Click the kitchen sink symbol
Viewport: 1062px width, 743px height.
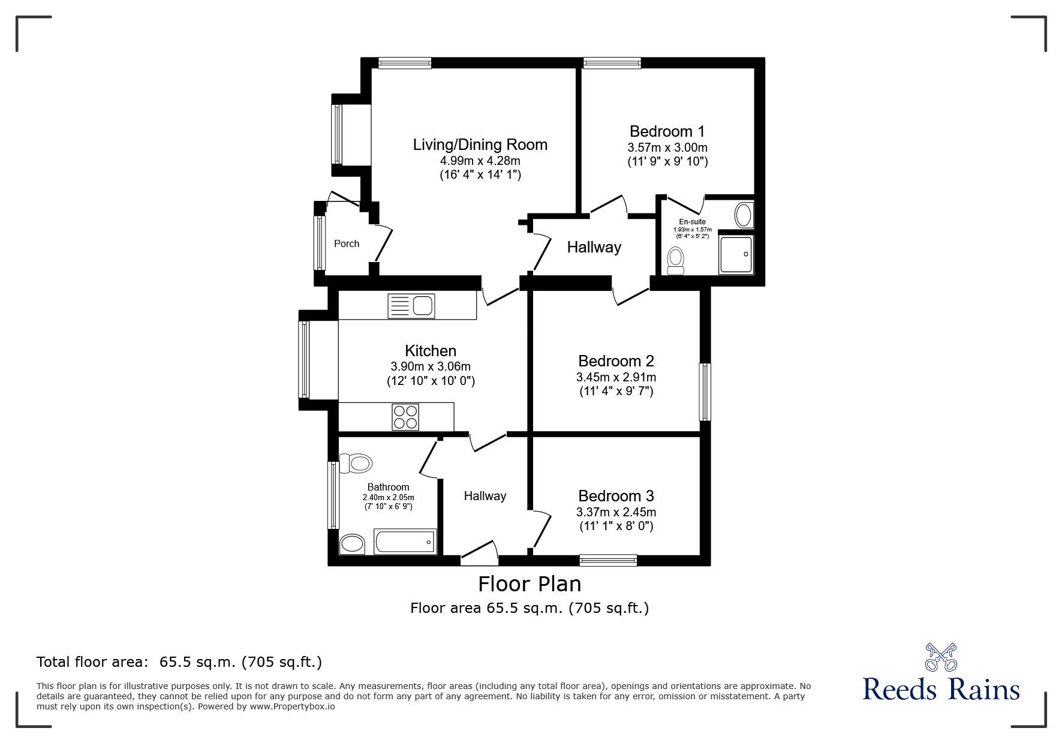[x=411, y=306]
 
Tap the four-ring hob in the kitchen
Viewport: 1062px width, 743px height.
[x=405, y=417]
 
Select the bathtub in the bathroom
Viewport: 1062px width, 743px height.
[x=405, y=542]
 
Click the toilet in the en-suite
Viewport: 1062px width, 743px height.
[x=676, y=262]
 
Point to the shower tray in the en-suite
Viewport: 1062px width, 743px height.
[x=736, y=254]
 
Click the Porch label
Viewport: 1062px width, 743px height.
[x=347, y=243]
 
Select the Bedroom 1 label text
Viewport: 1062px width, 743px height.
[x=667, y=131]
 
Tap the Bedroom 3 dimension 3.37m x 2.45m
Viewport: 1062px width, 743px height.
[x=616, y=512]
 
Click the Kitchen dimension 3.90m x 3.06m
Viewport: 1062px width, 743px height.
[x=431, y=366]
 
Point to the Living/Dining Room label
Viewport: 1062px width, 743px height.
[x=480, y=145]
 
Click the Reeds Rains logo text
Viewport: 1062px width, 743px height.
[x=941, y=689]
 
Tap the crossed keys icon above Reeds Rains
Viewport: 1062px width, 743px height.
[x=941, y=657]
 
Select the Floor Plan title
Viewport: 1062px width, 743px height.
[x=530, y=583]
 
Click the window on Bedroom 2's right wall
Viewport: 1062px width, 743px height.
[x=705, y=392]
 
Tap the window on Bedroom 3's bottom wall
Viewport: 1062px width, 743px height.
[x=608, y=560]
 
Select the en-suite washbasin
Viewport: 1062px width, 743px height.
[x=744, y=215]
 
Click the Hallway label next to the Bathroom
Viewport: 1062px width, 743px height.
[x=485, y=496]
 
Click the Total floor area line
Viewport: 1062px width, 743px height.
[x=179, y=662]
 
